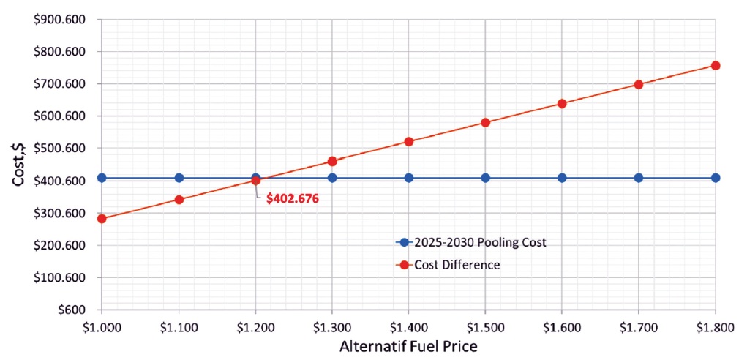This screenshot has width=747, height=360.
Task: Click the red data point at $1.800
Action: point(716,65)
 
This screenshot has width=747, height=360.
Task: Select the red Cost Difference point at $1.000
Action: point(102,218)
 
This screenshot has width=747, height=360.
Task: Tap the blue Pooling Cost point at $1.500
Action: point(485,178)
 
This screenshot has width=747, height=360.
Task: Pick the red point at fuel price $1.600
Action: point(562,103)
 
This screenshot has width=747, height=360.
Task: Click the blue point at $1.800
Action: point(716,178)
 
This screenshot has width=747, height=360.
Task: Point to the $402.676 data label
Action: point(293,198)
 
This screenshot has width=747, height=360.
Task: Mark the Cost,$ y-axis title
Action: point(18,163)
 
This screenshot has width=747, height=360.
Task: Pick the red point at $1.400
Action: point(409,141)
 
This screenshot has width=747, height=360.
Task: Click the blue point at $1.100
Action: point(179,178)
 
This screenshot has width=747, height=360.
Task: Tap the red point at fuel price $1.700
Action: point(639,84)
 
